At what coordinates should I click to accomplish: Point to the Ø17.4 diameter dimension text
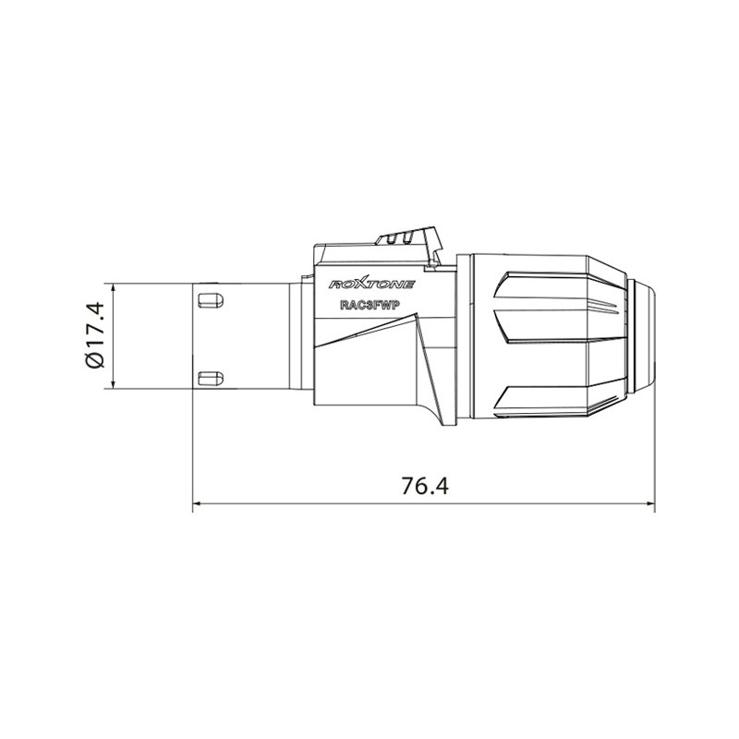[x=95, y=335]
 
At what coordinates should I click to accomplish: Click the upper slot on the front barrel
[x=210, y=298]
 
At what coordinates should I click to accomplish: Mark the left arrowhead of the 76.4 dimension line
[x=197, y=505]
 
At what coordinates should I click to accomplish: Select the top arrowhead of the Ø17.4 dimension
[x=110, y=287]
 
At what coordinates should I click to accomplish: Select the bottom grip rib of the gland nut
[x=545, y=393]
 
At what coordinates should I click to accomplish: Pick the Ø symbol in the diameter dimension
[x=95, y=359]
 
